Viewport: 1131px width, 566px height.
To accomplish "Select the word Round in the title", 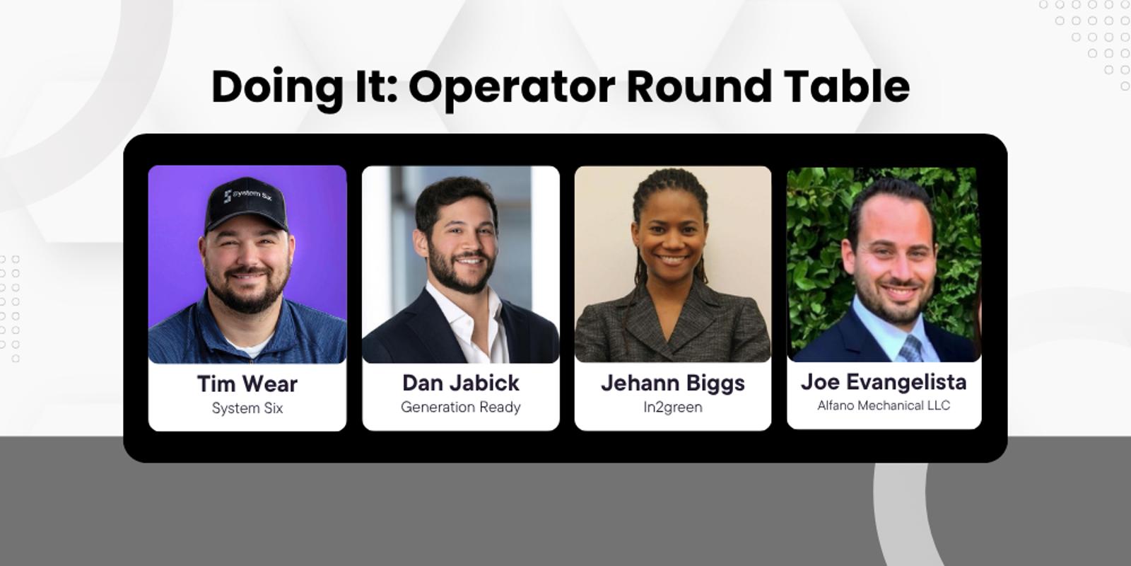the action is pyautogui.click(x=699, y=86).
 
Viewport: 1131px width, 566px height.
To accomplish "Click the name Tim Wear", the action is pyautogui.click(x=247, y=383).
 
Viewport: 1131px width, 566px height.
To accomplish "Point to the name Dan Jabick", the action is pyautogui.click(x=460, y=383).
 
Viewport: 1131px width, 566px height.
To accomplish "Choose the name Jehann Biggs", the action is pyautogui.click(x=672, y=383).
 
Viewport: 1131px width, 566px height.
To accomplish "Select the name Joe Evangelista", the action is pyautogui.click(x=884, y=382).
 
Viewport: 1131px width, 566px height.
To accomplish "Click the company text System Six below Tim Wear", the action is pyautogui.click(x=247, y=408).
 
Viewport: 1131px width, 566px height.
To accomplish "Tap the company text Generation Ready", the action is pyautogui.click(x=460, y=407).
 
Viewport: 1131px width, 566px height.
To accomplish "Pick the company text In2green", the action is pyautogui.click(x=672, y=407).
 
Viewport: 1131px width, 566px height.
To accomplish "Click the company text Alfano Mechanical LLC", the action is pyautogui.click(x=884, y=405).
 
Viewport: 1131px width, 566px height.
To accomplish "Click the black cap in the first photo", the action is pyautogui.click(x=246, y=205).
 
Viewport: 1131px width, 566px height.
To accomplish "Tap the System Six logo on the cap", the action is pyautogui.click(x=248, y=195).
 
